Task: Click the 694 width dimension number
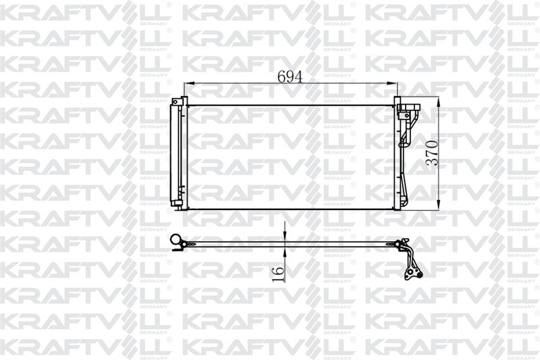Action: [290, 77]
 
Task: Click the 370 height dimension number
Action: [432, 153]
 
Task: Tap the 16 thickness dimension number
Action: [278, 274]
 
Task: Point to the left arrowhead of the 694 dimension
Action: [189, 83]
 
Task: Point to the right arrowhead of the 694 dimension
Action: [392, 83]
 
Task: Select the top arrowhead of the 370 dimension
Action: [438, 102]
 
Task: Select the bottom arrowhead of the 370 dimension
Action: [438, 204]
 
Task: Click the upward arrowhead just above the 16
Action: [285, 253]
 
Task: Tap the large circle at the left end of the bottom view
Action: [176, 238]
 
